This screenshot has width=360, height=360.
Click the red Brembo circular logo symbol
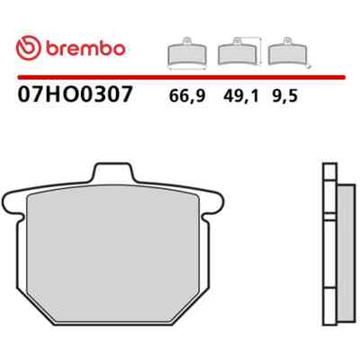pos(29,49)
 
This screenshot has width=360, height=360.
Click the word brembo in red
pos(85,49)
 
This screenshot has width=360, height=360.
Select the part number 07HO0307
pos(75,94)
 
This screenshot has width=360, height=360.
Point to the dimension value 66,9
pos(187,96)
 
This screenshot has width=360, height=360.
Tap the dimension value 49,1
pos(241,96)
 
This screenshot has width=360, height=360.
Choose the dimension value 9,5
pos(285,96)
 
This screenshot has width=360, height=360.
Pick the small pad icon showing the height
pos(238,51)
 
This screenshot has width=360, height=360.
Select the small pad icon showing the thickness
pos(288,51)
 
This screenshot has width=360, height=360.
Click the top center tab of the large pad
pos(113,172)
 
